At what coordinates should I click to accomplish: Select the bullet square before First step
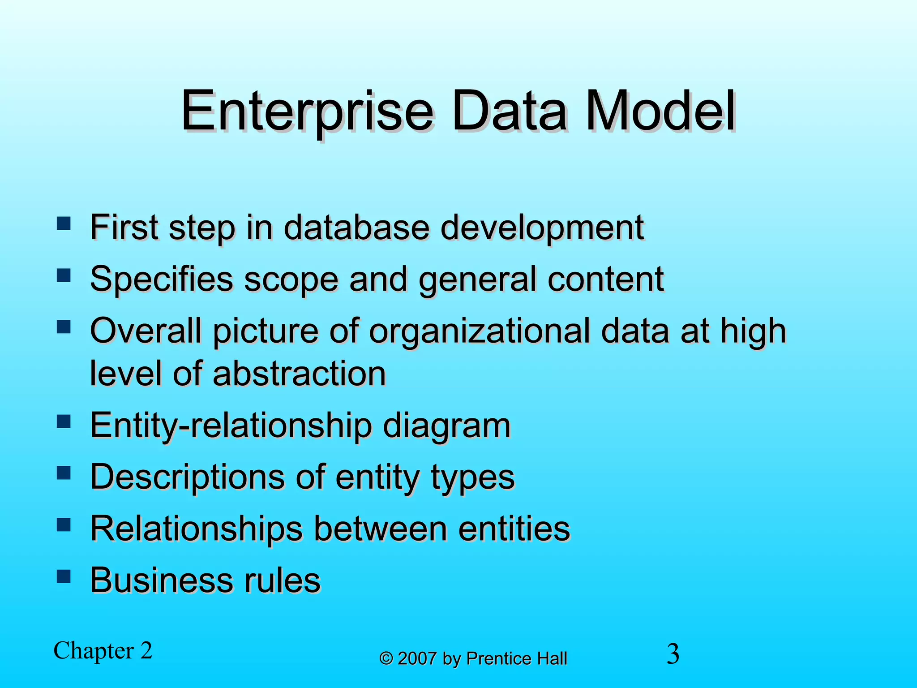64,223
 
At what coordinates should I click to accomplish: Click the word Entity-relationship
231,426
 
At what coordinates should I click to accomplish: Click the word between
380,529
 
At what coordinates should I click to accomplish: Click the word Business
162,580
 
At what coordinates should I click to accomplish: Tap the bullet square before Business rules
64,576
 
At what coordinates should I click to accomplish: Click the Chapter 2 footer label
103,651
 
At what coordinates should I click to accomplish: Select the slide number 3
673,654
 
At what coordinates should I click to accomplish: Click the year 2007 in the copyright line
417,659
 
